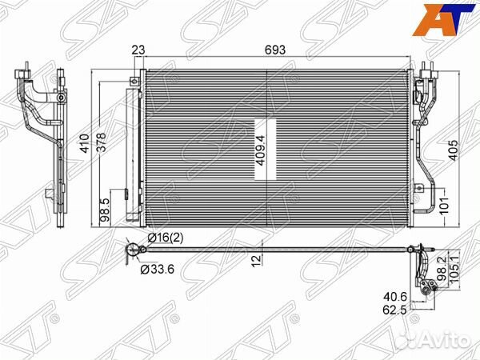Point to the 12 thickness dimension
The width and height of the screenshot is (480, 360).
tap(255, 261)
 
